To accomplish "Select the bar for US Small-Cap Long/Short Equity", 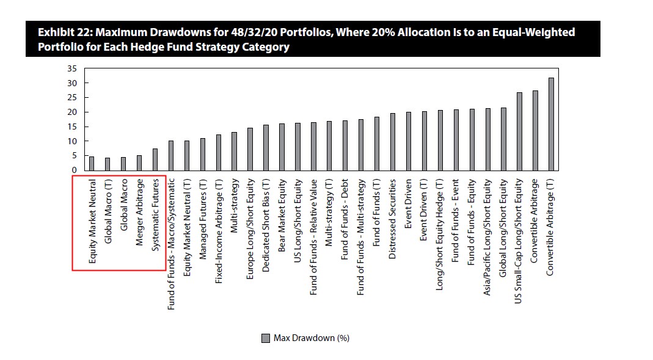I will [x=520, y=131].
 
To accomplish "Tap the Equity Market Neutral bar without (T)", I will [x=92, y=163].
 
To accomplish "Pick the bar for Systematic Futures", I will [x=155, y=160].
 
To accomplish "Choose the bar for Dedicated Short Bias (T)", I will [x=266, y=147].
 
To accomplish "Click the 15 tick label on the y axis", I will [x=72, y=127].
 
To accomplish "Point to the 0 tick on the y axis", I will [x=75, y=170].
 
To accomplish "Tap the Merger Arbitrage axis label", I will [x=139, y=212].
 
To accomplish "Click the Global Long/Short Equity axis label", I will [x=504, y=227].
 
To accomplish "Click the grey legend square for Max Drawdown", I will [x=265, y=338].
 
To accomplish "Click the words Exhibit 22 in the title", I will [x=65, y=32].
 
